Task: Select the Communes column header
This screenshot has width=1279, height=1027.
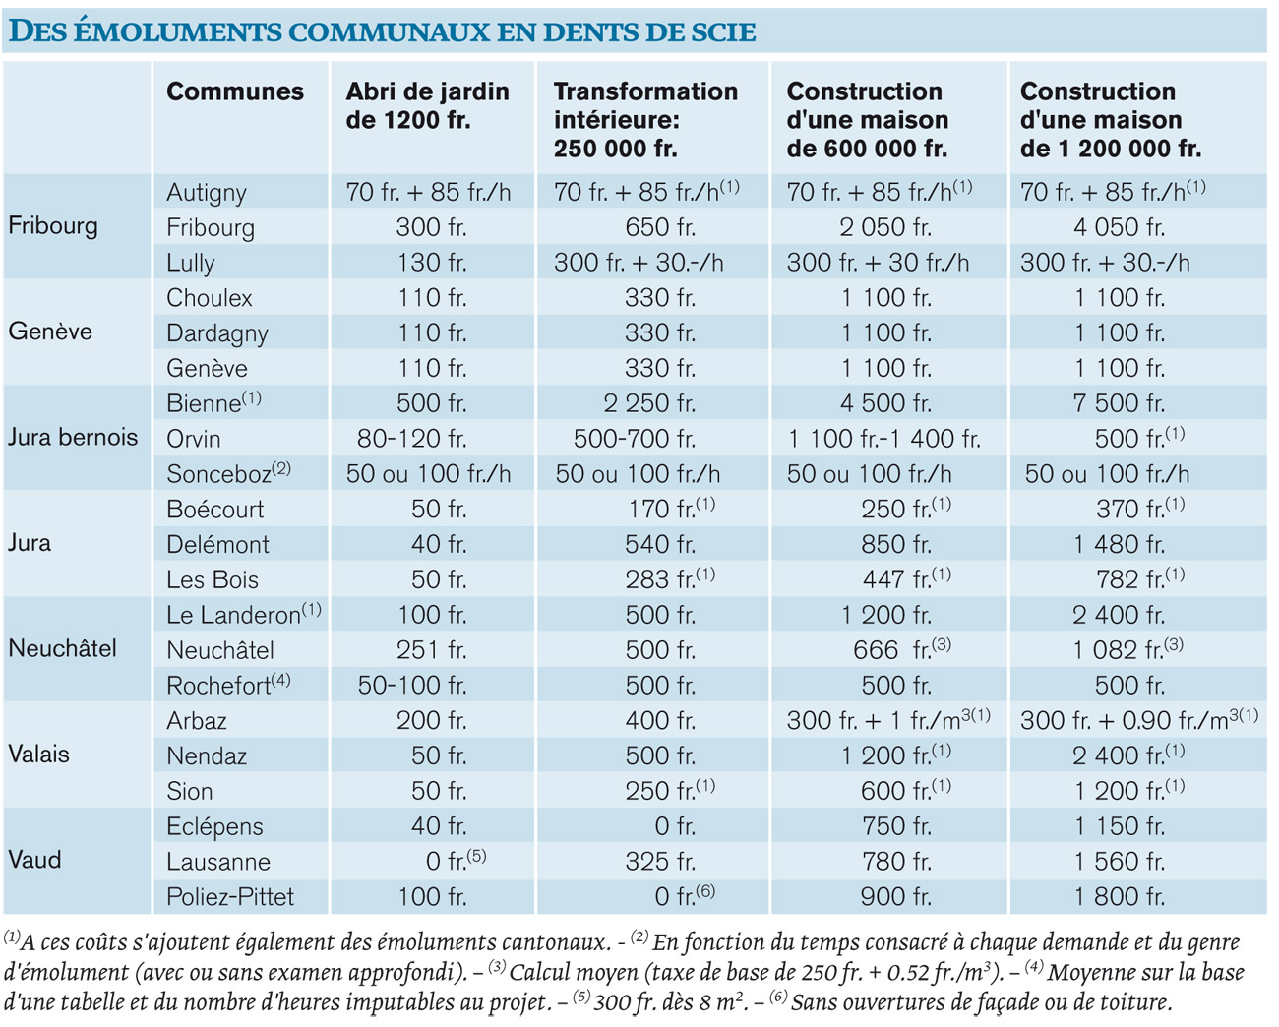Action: (x=235, y=91)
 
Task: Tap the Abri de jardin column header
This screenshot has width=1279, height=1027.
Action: (x=427, y=105)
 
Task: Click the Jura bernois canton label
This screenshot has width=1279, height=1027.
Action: (x=73, y=437)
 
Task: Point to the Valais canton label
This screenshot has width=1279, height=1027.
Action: (x=38, y=755)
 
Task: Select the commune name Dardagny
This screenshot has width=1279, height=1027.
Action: (x=216, y=334)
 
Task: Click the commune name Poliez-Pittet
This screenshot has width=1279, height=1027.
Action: (x=230, y=896)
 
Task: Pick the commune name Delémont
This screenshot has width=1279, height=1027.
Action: (x=217, y=544)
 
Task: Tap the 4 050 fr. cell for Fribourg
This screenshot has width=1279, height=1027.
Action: (x=1119, y=227)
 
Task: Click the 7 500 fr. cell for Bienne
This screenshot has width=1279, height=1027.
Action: (x=1119, y=403)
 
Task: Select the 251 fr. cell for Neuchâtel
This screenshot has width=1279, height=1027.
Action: (x=432, y=649)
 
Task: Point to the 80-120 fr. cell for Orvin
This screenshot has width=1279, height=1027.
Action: (x=412, y=438)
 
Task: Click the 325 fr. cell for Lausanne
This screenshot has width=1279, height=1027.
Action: (x=660, y=861)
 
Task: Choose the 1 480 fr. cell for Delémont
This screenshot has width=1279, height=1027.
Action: (x=1120, y=544)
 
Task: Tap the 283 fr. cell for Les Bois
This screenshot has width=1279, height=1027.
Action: (x=670, y=578)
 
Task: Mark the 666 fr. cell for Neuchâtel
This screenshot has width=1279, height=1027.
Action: (x=901, y=649)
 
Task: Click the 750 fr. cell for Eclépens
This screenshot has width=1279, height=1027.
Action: (x=896, y=826)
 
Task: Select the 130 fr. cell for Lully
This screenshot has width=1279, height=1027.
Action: (x=432, y=263)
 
